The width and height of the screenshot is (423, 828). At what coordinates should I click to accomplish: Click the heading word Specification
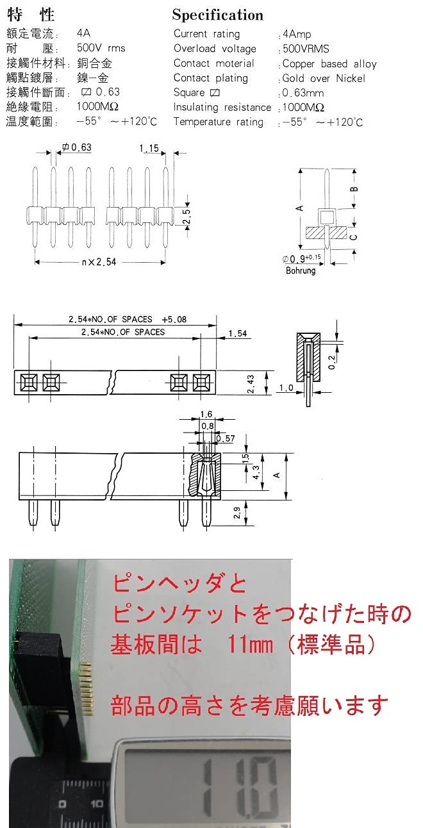pyautogui.click(x=217, y=15)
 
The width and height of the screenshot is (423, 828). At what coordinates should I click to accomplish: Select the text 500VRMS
pyautogui.click(x=306, y=49)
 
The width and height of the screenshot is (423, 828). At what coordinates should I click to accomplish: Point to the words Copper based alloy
pyautogui.click(x=329, y=64)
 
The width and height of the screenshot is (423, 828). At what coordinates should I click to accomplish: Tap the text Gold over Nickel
pyautogui.click(x=324, y=79)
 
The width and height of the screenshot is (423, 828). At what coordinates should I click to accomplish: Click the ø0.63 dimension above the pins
pyautogui.click(x=77, y=147)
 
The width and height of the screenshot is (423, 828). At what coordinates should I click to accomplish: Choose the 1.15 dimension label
pyautogui.click(x=149, y=148)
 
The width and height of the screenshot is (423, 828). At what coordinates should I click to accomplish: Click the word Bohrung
pyautogui.click(x=301, y=270)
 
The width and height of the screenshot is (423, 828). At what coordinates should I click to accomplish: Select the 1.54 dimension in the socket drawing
pyautogui.click(x=237, y=334)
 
